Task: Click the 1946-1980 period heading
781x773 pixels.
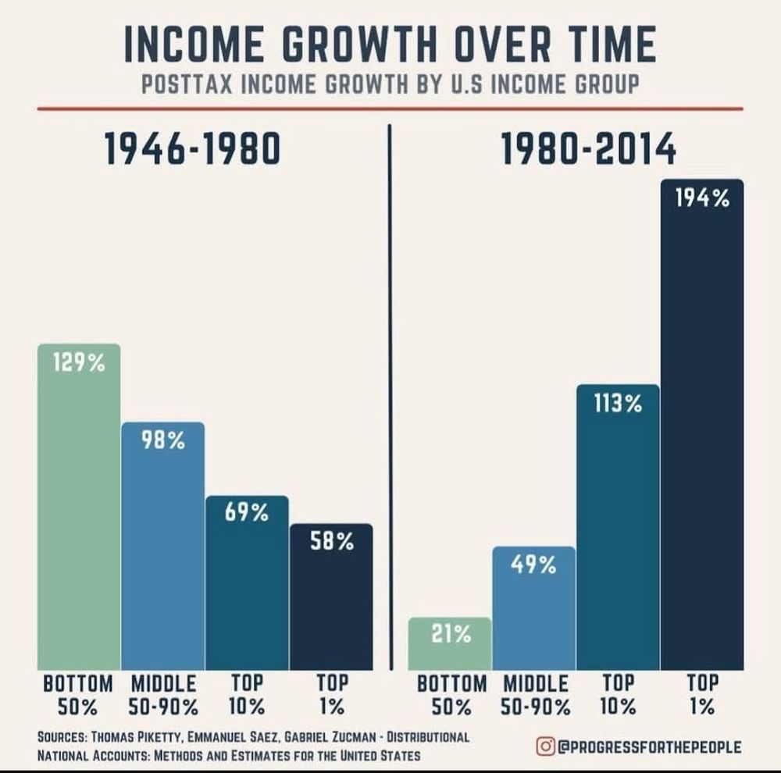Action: point(192,150)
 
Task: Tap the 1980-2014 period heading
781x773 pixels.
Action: point(588,150)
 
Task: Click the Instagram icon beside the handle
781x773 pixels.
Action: point(545,746)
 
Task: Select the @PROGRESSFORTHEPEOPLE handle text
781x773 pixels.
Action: point(649,747)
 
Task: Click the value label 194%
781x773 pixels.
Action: point(702,199)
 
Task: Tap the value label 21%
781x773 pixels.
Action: point(451,635)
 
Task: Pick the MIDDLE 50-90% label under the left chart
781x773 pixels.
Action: point(162,696)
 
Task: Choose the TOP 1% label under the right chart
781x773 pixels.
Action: point(701,696)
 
